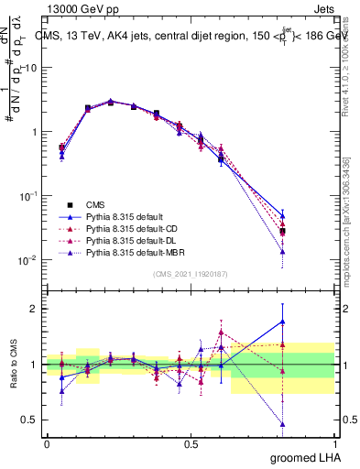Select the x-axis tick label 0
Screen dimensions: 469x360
[47, 442]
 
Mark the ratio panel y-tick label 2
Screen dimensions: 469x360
[34, 309]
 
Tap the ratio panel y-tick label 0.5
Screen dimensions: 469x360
[30, 420]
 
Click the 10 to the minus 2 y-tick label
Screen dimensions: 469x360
[27, 260]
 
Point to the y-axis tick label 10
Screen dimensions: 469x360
[30, 68]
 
